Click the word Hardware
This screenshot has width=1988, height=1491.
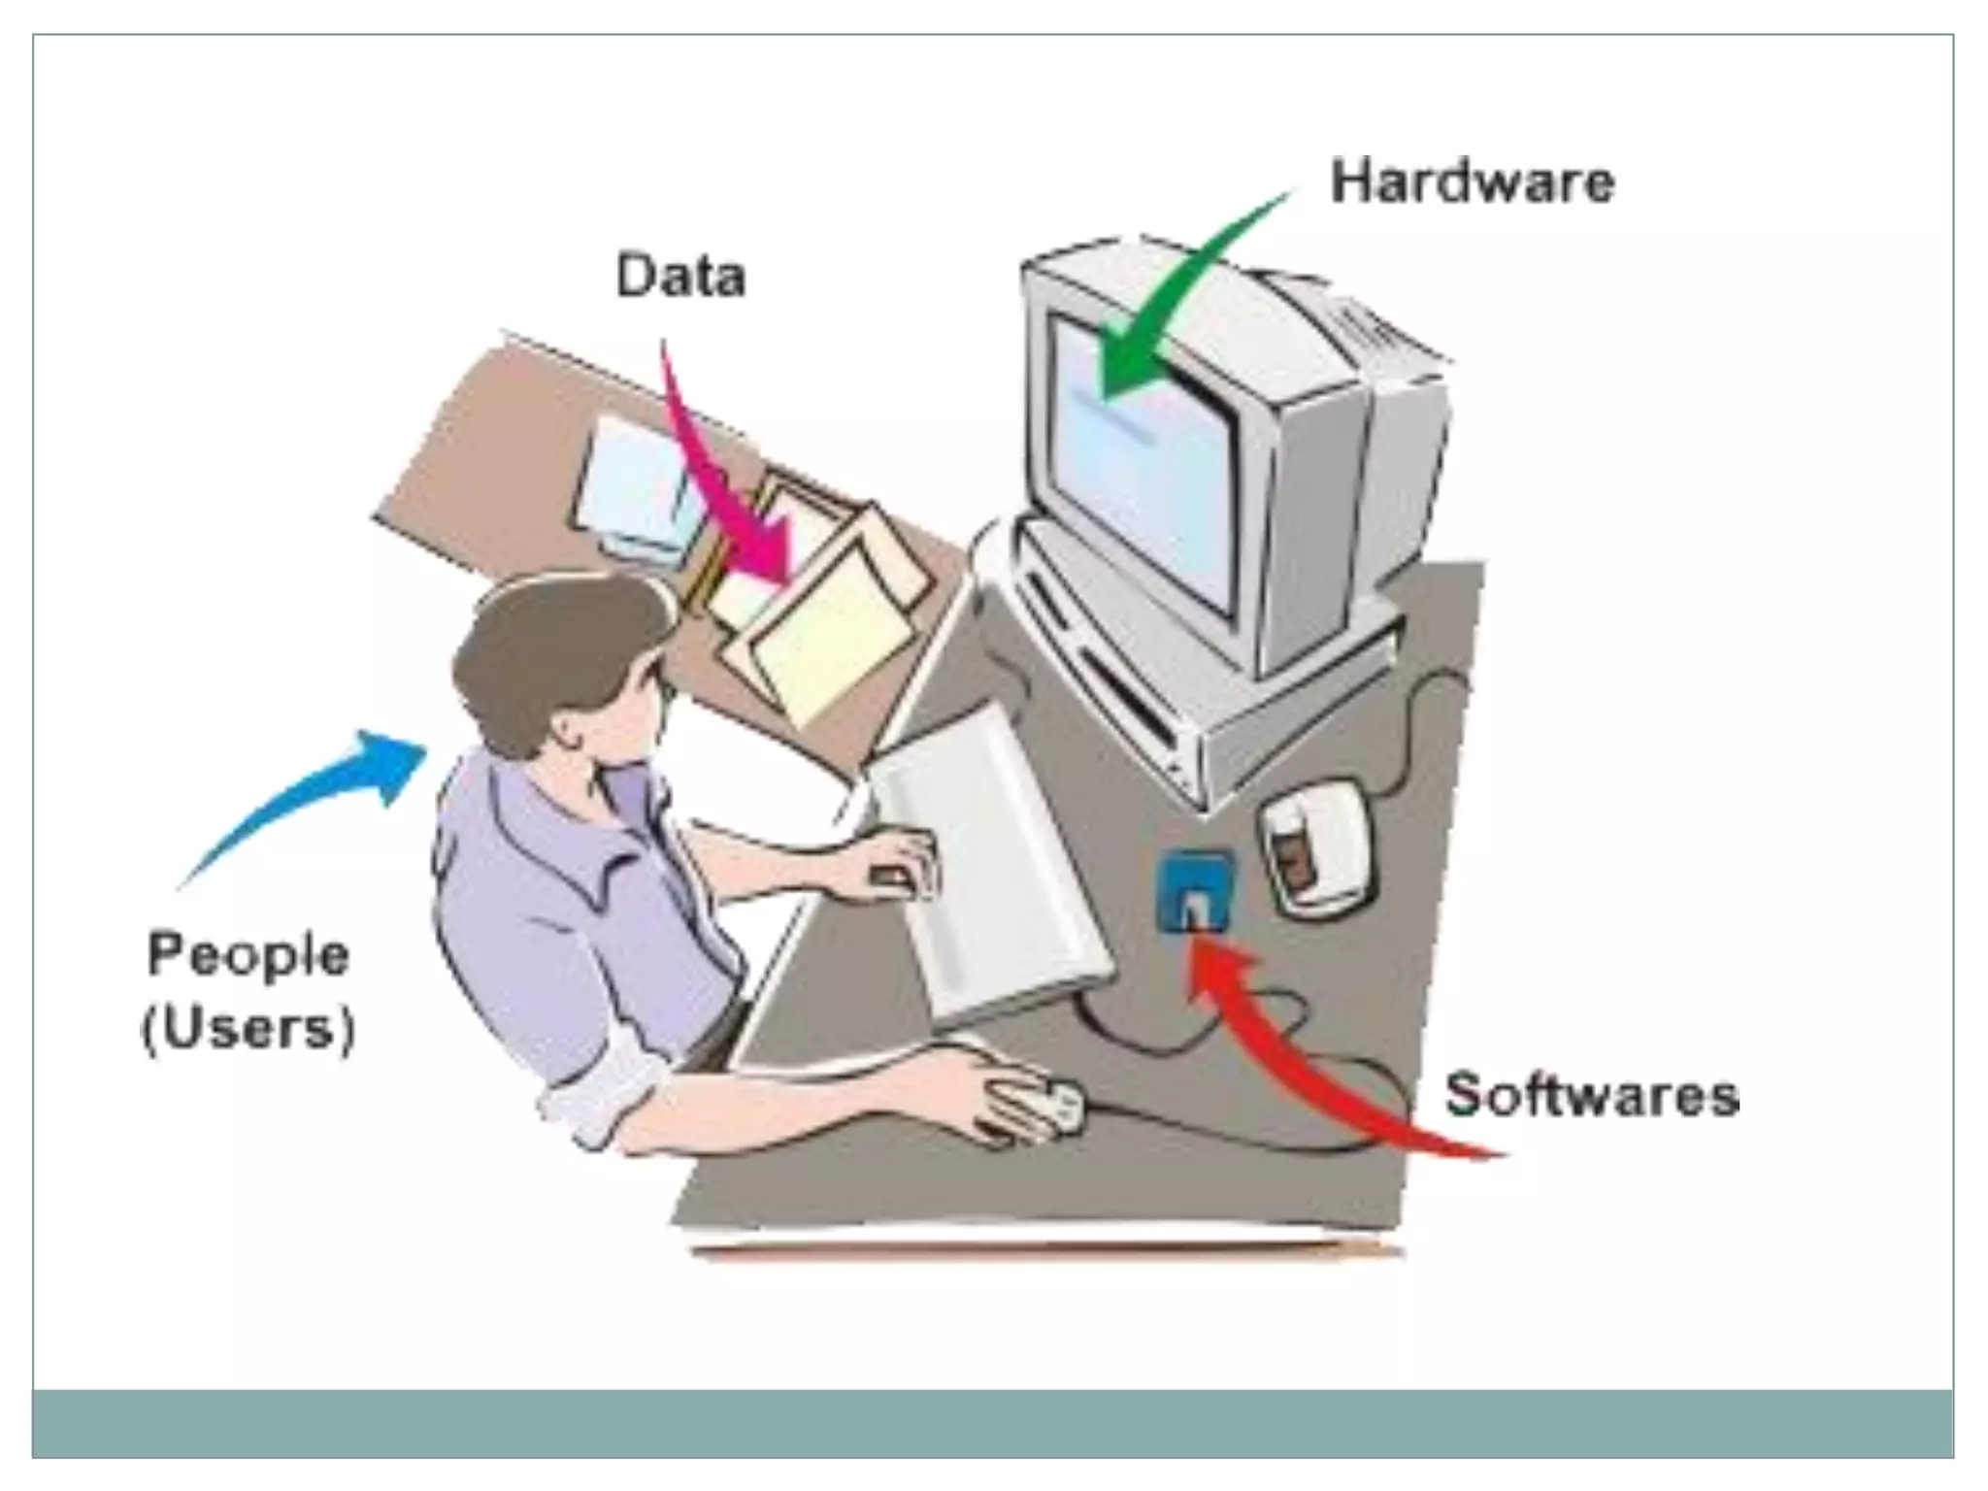click(1472, 183)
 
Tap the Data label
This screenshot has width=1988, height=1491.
click(681, 276)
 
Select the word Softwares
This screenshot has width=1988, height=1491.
click(1591, 1095)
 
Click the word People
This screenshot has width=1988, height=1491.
click(248, 955)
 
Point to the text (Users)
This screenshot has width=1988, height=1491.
click(248, 1028)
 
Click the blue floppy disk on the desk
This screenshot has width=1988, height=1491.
click(1196, 888)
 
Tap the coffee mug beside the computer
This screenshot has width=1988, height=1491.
click(1315, 845)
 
